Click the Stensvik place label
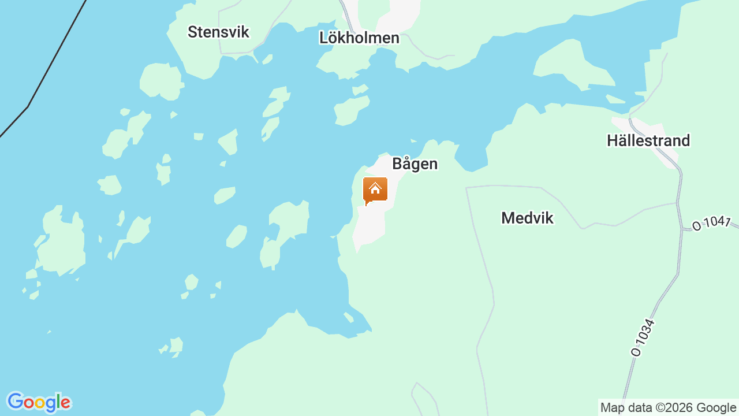218,32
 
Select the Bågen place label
415,164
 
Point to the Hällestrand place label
648,140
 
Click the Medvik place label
527,218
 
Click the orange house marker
375,190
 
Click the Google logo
39,402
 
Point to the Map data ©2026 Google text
668,407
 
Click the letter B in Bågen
397,164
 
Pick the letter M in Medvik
508,218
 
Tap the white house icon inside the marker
375,188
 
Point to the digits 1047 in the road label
716,222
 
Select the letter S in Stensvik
192,32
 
